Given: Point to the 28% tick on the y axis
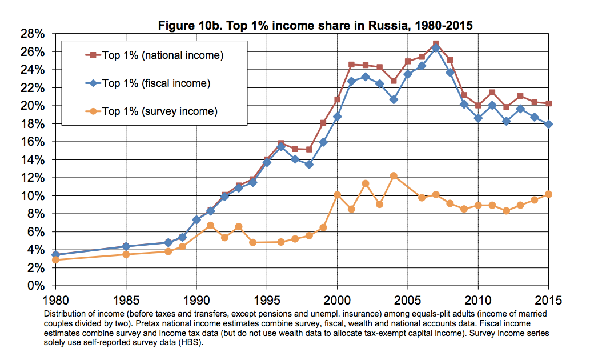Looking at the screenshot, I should tap(33, 34).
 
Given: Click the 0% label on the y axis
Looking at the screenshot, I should tap(36, 286).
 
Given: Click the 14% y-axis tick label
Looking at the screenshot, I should tap(33, 159).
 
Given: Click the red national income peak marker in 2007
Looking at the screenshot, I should tap(436, 43).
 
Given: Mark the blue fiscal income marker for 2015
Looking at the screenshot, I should tap(549, 125).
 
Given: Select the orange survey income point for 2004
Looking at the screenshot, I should tap(394, 176).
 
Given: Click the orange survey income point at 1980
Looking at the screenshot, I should tap(55, 260).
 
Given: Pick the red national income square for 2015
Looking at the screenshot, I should tap(549, 103).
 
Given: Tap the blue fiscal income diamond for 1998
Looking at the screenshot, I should tap(309, 165).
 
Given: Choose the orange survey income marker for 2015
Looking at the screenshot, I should tap(549, 194).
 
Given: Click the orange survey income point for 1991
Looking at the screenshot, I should tap(210, 225).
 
